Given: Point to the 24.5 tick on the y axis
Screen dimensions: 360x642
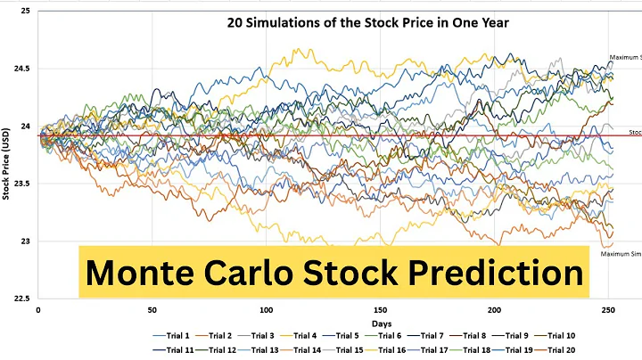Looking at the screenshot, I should [23, 69].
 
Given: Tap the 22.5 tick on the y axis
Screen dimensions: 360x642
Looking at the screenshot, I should [23, 299].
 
